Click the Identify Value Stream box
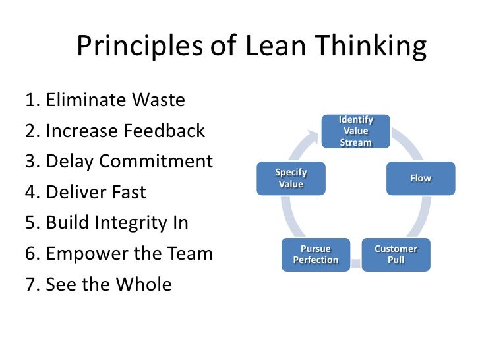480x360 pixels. (355, 131)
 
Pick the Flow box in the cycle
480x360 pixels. (420, 179)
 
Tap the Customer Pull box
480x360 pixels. (396, 255)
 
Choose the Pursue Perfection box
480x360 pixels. (315, 255)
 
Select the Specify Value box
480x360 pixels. (291, 179)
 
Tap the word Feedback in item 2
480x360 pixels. (164, 131)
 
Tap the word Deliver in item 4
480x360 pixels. (73, 193)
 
